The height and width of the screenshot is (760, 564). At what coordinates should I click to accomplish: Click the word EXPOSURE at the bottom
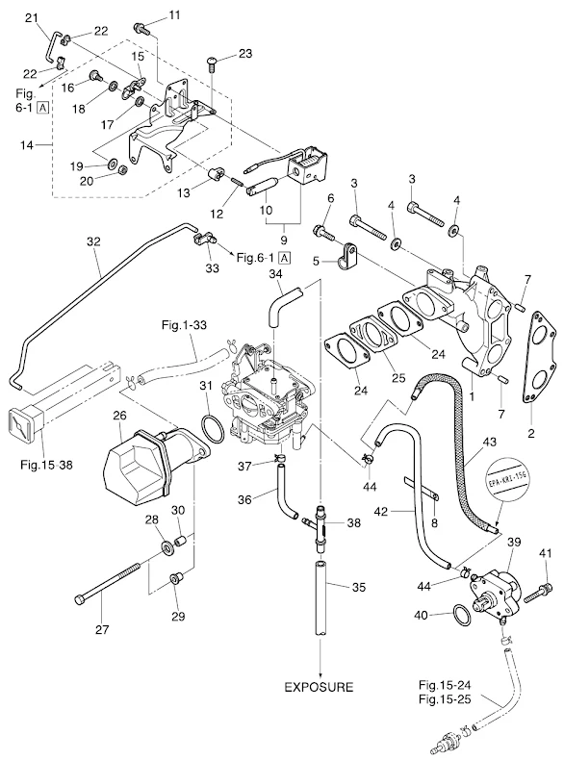click(319, 687)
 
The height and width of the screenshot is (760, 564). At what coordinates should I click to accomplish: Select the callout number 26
click(119, 416)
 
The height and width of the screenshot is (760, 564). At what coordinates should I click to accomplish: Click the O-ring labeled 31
click(213, 428)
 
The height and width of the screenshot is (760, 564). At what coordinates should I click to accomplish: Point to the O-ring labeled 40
click(461, 616)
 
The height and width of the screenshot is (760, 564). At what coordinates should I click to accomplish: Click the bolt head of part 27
click(80, 599)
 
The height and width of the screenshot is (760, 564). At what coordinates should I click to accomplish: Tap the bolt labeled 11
click(141, 28)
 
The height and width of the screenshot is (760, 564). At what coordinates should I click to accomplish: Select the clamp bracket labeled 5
click(346, 258)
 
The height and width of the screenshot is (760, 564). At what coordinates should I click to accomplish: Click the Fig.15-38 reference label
click(46, 465)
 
